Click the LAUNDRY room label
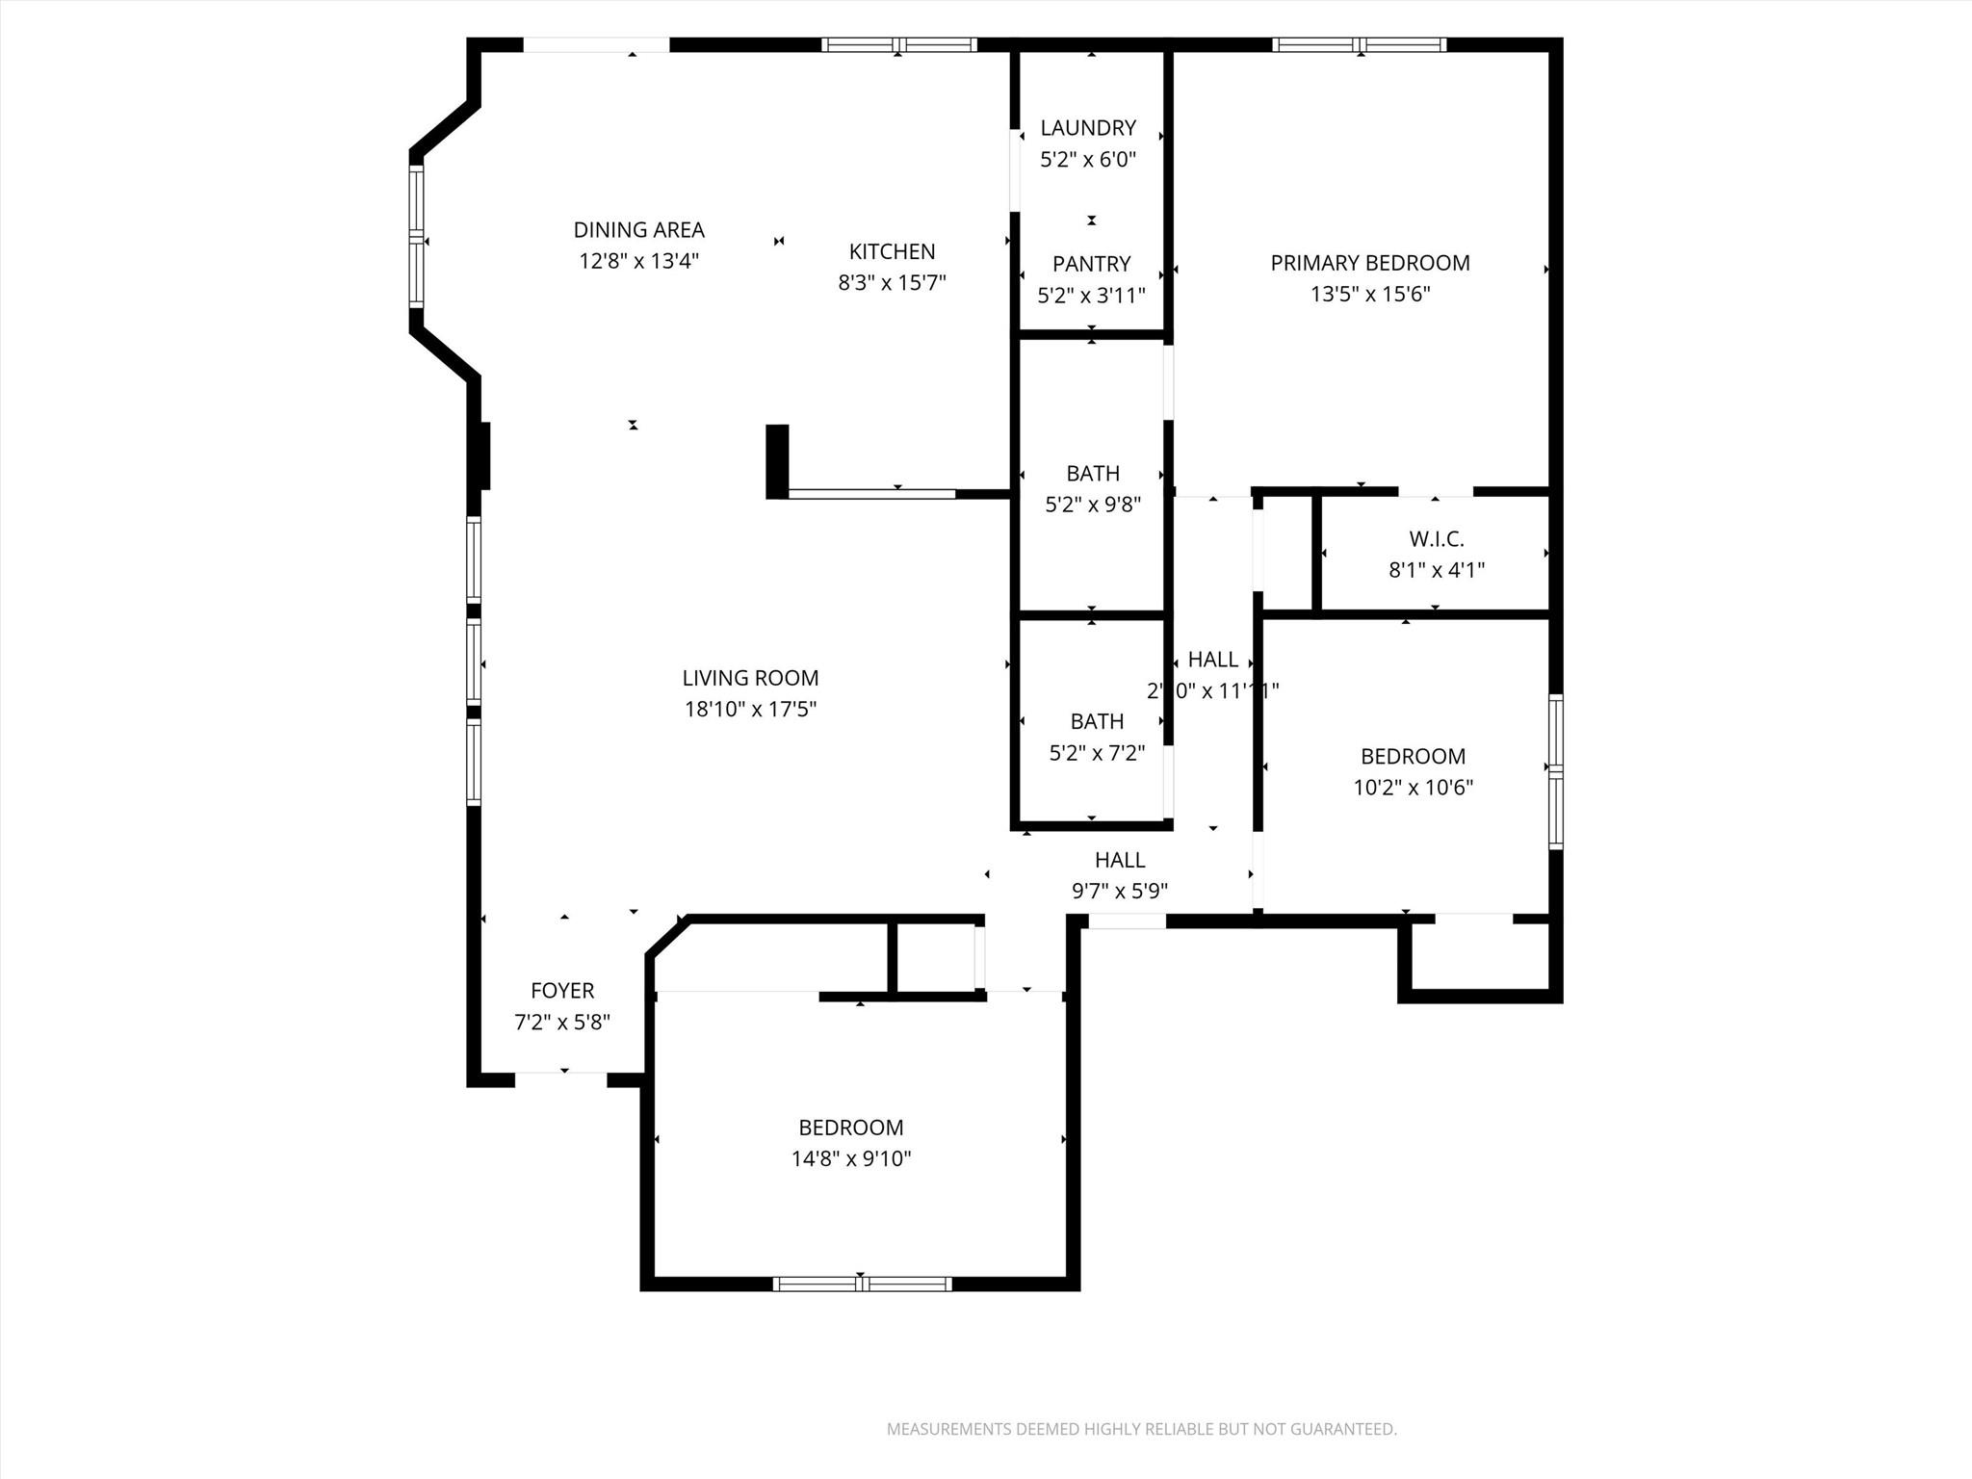[1088, 128]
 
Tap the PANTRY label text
[1091, 264]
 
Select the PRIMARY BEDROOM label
[1369, 263]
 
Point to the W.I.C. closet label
[1436, 539]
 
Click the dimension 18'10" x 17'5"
[750, 710]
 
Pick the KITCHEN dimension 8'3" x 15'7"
[892, 283]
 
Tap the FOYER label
[562, 991]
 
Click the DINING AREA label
[638, 230]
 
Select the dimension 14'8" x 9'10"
[850, 1158]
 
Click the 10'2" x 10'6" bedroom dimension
[1413, 788]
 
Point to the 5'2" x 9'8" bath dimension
[1092, 505]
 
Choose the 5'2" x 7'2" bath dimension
[1096, 752]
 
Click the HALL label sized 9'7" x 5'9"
[1119, 860]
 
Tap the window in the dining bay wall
[416, 237]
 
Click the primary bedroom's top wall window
[1359, 44]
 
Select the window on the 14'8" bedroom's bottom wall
[862, 1284]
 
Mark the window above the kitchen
[898, 44]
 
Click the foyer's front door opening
[560, 1079]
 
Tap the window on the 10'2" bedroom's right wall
[1555, 771]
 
